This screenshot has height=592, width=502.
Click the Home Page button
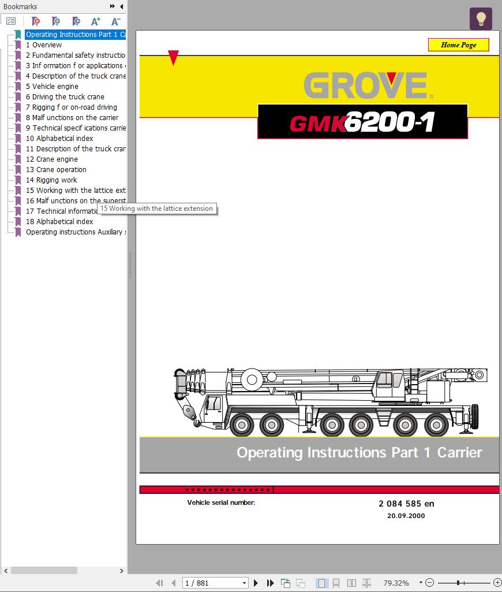pyautogui.click(x=458, y=45)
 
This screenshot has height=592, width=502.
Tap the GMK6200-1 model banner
pyautogui.click(x=362, y=122)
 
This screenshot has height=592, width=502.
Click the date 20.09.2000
pyautogui.click(x=406, y=516)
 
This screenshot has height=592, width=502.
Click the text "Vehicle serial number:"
pyautogui.click(x=221, y=502)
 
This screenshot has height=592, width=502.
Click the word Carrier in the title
pyautogui.click(x=459, y=452)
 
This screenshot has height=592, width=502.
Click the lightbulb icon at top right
pyautogui.click(x=481, y=18)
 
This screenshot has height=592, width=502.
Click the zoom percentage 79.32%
pyautogui.click(x=396, y=583)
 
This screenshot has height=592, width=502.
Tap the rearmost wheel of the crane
pyautogui.click(x=436, y=425)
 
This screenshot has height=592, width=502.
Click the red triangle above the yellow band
pyautogui.click(x=173, y=58)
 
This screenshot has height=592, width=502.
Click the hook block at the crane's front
pyautogui.click(x=188, y=412)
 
